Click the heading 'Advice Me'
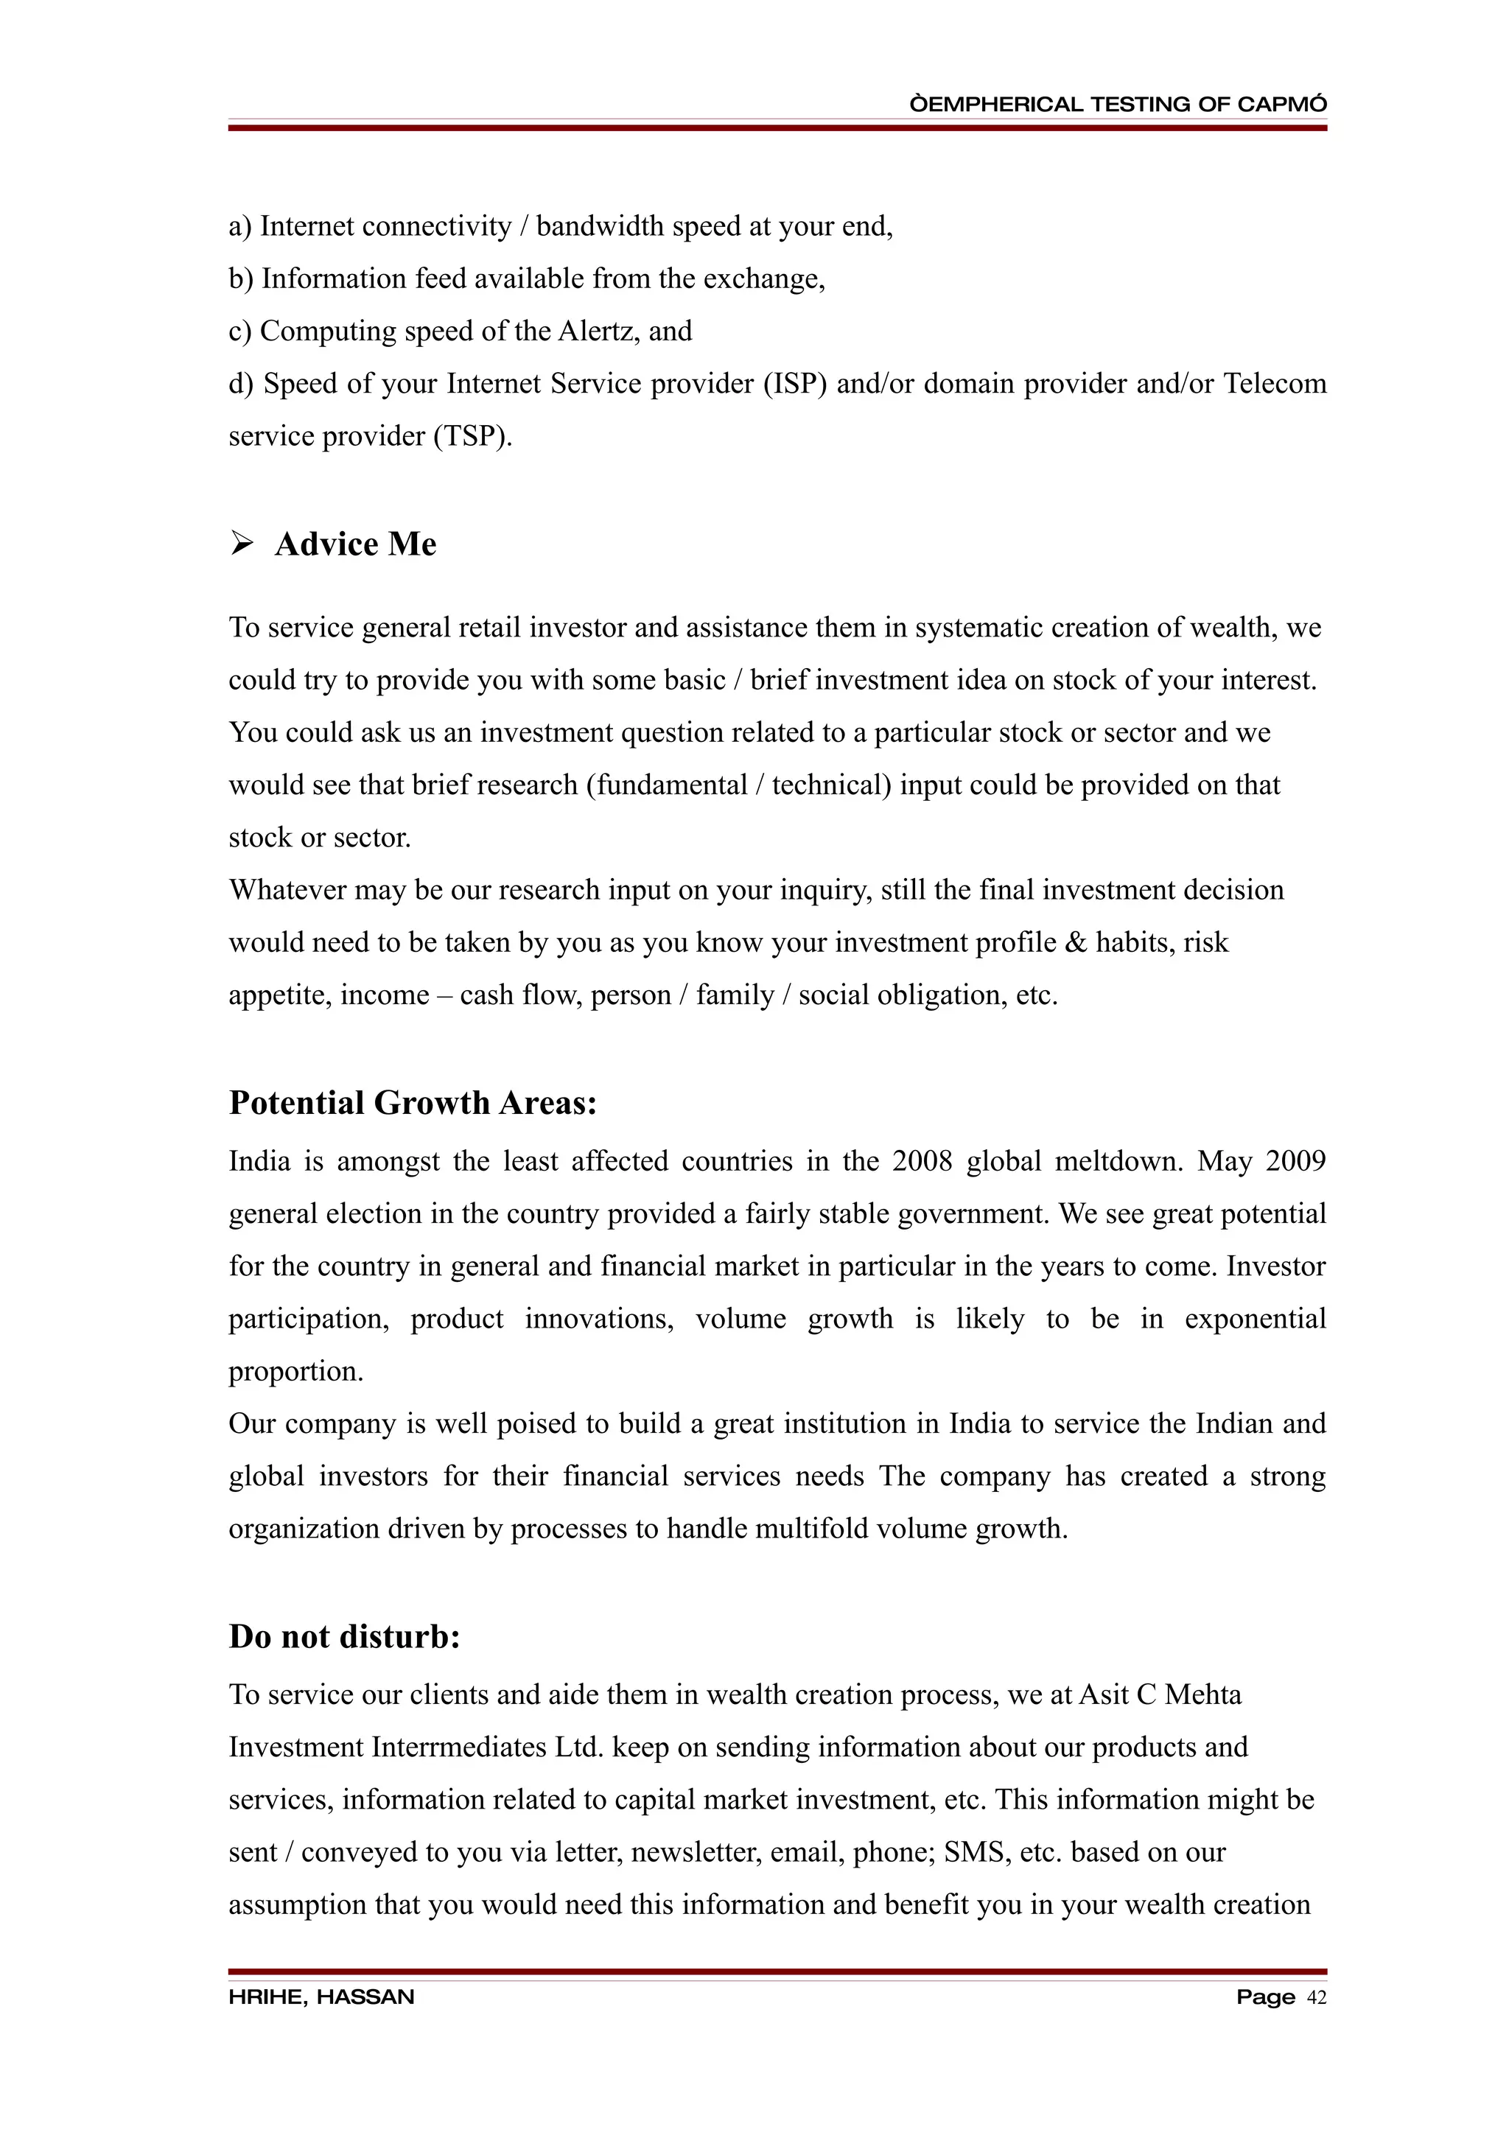355,544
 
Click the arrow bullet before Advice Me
242,543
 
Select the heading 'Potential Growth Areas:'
412,1103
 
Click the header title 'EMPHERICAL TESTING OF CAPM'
1118,104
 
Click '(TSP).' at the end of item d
472,436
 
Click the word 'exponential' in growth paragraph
1254,1319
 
